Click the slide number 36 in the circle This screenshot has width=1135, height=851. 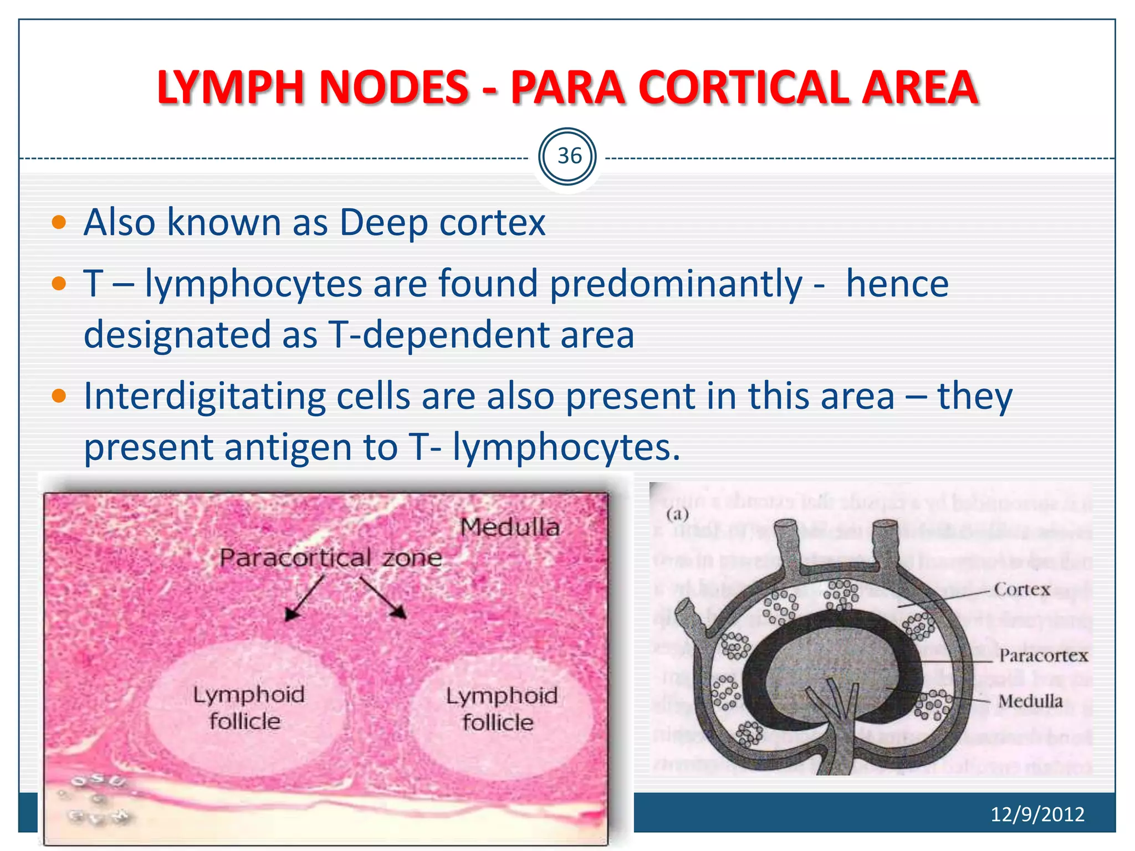click(x=569, y=156)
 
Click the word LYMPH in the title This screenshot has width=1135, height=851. click(x=231, y=88)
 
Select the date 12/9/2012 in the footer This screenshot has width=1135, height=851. click(x=1037, y=814)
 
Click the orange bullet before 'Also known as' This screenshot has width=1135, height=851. click(x=59, y=223)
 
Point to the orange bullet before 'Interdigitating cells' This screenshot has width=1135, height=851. click(x=59, y=396)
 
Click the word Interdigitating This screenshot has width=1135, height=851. click(x=204, y=397)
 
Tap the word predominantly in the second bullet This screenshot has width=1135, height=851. click(x=676, y=284)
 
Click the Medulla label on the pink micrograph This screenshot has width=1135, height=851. click(x=510, y=527)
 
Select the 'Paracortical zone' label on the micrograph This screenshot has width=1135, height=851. click(x=331, y=557)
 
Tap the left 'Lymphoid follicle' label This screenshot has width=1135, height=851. click(x=248, y=708)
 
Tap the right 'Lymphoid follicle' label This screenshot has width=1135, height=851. click(x=501, y=709)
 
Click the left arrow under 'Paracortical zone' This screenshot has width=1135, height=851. click(x=304, y=598)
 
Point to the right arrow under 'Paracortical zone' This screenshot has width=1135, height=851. click(x=384, y=597)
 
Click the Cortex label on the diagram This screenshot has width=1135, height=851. click(x=1022, y=589)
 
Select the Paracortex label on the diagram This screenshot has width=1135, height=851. click(x=1044, y=656)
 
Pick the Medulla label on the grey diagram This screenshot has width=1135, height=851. click(x=1030, y=701)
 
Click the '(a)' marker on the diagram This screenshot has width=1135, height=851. click(x=677, y=514)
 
